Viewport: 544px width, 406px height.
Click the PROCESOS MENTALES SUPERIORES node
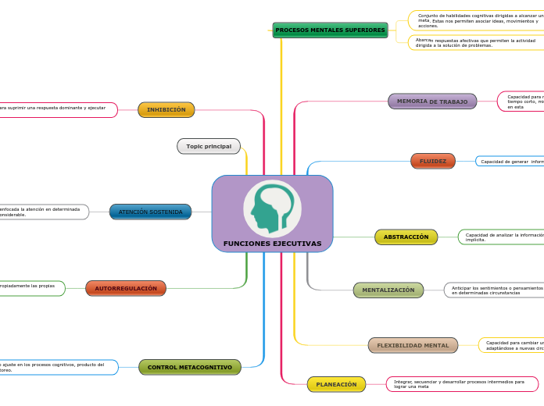click(x=330, y=30)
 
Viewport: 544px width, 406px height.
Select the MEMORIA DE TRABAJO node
click(x=432, y=101)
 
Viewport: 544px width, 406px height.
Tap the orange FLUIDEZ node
click(x=432, y=162)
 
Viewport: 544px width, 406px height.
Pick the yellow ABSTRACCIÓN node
click(x=406, y=237)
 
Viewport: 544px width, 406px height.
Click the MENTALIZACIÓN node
click(x=388, y=290)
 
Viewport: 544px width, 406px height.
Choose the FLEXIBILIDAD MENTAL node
click(x=413, y=345)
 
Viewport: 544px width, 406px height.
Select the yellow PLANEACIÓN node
click(x=336, y=384)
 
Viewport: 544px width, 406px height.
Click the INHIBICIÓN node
click(x=166, y=110)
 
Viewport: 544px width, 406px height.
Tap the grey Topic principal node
click(x=208, y=146)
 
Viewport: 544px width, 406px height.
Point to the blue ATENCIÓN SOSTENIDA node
click(x=150, y=212)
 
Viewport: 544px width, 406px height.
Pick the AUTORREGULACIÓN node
click(x=125, y=289)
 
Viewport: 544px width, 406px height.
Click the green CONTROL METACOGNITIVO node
click(x=189, y=367)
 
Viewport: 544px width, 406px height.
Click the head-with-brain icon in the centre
click(x=272, y=208)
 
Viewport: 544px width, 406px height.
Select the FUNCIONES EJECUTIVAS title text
click(x=272, y=244)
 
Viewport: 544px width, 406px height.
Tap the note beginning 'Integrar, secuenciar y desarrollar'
click(x=461, y=384)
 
